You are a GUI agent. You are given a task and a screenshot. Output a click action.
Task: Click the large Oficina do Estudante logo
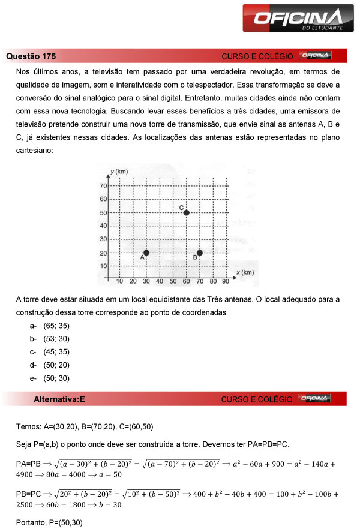coord(293,18)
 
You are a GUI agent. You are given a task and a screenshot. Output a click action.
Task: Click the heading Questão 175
coord(31,56)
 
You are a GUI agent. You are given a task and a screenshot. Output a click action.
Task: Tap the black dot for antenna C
coord(186,213)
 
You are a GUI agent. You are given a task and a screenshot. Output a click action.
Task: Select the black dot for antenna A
coord(146,253)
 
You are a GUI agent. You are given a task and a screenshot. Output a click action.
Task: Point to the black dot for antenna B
coord(199,253)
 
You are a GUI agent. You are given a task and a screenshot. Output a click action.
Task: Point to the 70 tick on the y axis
coord(103,187)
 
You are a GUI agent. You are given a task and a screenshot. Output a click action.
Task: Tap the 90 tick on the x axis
coord(226,281)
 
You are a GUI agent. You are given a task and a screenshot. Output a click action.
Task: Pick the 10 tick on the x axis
coord(120,281)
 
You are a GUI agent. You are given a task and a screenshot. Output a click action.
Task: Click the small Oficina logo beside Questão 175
coord(315,56)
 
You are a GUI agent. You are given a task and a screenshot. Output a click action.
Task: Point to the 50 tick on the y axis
coord(103,213)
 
